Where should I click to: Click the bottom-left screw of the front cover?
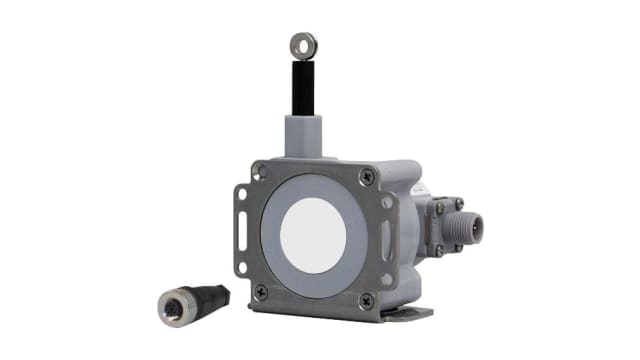pos(260,291)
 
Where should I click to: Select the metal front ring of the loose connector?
pos(170,304)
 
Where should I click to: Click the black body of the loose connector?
pos(208,297)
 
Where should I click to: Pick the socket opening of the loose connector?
pos(166,305)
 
